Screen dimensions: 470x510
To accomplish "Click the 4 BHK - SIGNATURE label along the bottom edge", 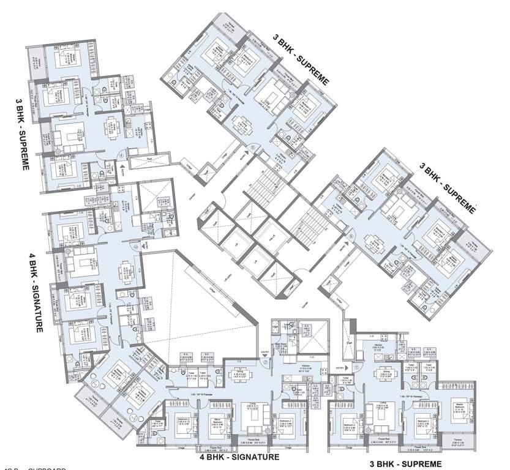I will [x=239, y=457].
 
